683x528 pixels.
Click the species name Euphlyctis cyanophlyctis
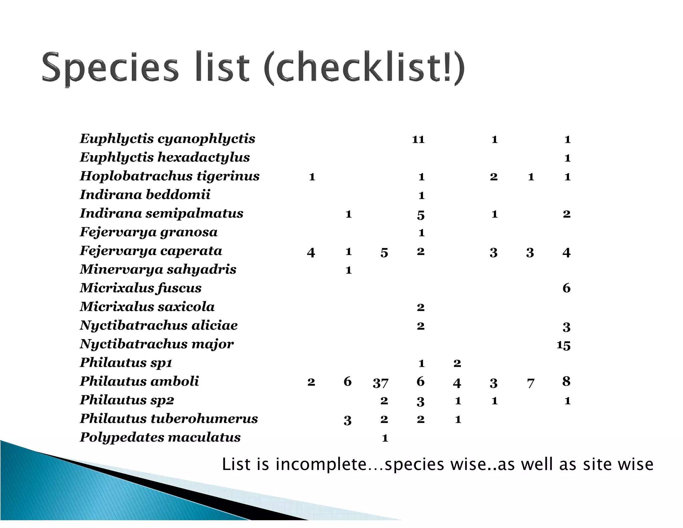click(167, 139)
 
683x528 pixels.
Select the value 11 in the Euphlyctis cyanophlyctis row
click(418, 140)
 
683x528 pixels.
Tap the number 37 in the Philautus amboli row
click(381, 382)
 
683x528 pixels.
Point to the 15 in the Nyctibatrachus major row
click(563, 345)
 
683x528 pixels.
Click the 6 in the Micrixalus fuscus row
click(566, 288)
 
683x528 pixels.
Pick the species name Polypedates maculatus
click(160, 438)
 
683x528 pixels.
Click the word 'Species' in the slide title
click(110, 68)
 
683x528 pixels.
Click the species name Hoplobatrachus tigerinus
click(169, 176)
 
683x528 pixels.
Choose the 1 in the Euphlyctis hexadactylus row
click(567, 158)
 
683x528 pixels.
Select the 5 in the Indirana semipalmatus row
click(421, 215)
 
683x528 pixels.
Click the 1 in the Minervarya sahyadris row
click(349, 270)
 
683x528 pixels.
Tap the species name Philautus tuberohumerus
click(169, 419)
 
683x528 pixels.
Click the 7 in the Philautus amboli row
click(531, 383)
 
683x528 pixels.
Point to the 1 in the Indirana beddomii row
click(421, 196)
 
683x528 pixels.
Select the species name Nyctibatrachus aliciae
click(159, 325)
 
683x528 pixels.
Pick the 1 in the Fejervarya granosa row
click(421, 233)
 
